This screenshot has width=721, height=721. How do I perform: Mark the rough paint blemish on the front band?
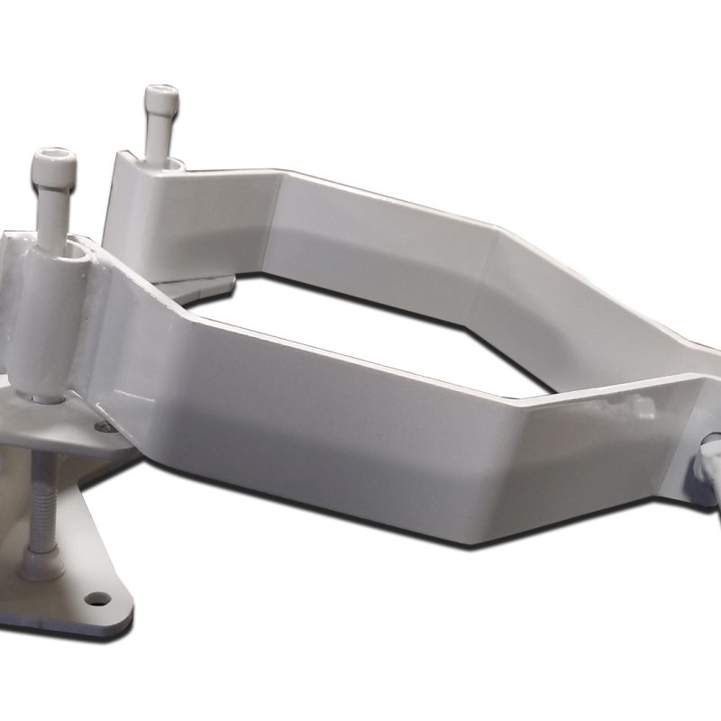[642, 408]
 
